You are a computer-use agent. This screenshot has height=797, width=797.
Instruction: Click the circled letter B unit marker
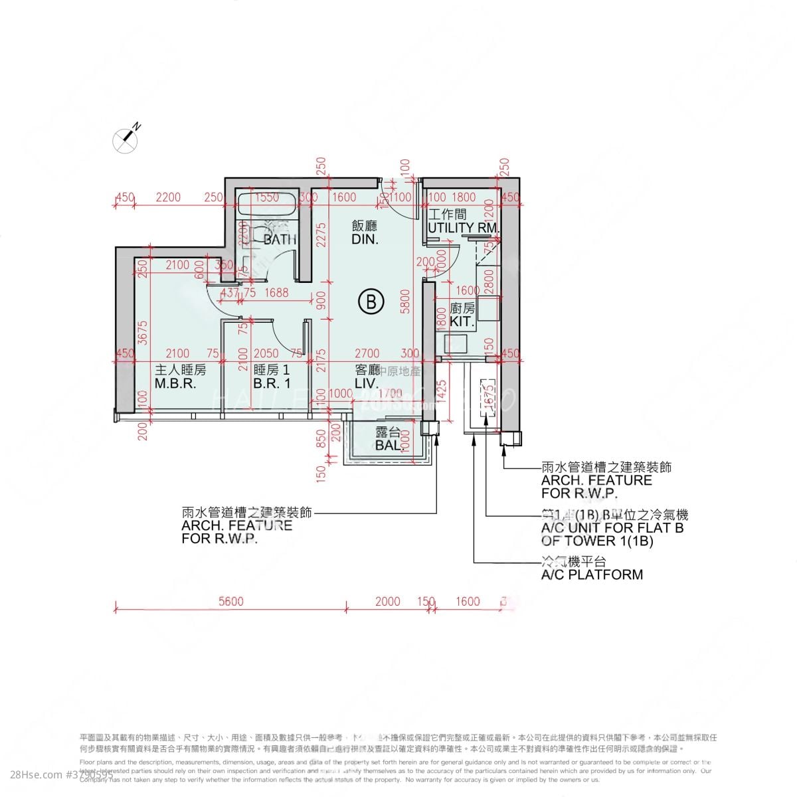tap(371, 302)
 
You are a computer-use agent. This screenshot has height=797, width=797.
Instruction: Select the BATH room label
tap(280, 240)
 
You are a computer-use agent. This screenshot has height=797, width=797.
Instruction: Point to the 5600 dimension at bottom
tap(230, 602)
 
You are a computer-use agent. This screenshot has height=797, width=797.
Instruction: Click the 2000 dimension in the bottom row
tap(387, 602)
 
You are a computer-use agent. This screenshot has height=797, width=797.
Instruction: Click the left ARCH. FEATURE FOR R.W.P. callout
tap(237, 525)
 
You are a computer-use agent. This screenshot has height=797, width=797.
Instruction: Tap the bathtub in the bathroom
tap(266, 205)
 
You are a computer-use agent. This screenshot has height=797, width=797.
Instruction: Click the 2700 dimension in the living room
tap(367, 353)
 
